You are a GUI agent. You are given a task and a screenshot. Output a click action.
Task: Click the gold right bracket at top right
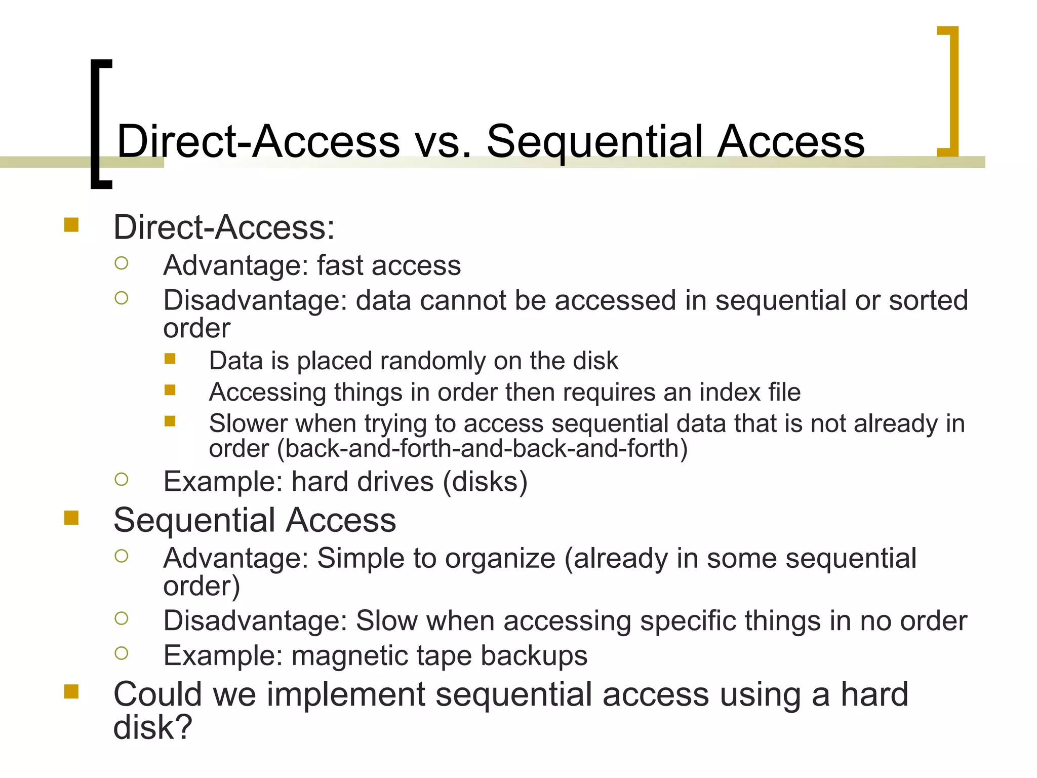click(x=952, y=91)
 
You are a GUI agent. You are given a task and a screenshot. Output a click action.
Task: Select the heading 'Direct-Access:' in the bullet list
click(x=224, y=227)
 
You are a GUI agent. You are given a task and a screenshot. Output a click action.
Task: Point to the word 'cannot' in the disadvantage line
click(x=463, y=300)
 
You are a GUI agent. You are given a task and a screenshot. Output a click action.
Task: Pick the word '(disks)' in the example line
click(x=485, y=482)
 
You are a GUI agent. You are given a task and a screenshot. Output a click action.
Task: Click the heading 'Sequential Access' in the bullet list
click(x=255, y=520)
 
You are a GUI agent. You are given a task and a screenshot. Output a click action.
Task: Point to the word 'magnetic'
click(x=349, y=656)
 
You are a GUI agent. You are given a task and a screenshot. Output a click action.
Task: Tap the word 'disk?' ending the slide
click(x=152, y=727)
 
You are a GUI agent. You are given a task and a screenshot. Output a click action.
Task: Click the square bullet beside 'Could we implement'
click(x=71, y=691)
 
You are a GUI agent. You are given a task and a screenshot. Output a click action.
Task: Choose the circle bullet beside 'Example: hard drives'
click(x=122, y=479)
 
